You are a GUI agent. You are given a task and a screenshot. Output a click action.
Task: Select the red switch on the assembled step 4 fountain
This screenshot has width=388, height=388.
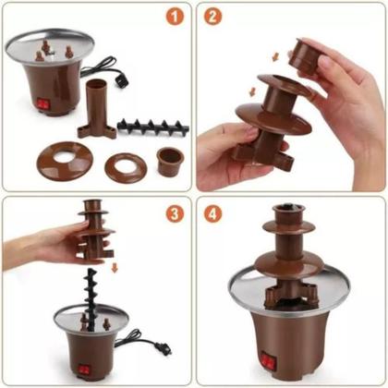[x=270, y=360]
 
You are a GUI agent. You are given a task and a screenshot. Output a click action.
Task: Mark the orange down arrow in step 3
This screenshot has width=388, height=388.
[x=113, y=267]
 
